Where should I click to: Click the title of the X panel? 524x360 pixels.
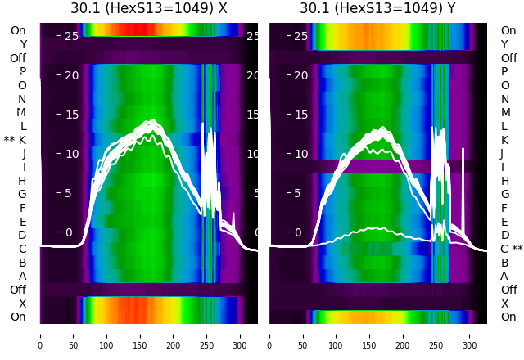coord(148,9)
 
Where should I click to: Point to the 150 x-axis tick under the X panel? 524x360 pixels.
coord(140,335)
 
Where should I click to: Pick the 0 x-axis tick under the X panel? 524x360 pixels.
coord(39,335)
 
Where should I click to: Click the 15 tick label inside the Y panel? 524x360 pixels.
coord(300,115)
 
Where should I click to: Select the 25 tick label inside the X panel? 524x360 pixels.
coord(71,36)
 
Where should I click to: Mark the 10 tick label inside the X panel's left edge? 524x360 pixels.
coord(71,154)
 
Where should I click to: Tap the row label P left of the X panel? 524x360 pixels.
coord(22,71)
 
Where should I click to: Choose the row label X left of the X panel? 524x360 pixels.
coord(22,304)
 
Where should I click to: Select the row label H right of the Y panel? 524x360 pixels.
coord(504,181)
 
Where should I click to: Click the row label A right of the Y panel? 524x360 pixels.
coord(504,276)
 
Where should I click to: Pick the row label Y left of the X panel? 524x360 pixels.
coord(22,44)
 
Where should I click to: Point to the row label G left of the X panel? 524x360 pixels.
coord(22,194)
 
